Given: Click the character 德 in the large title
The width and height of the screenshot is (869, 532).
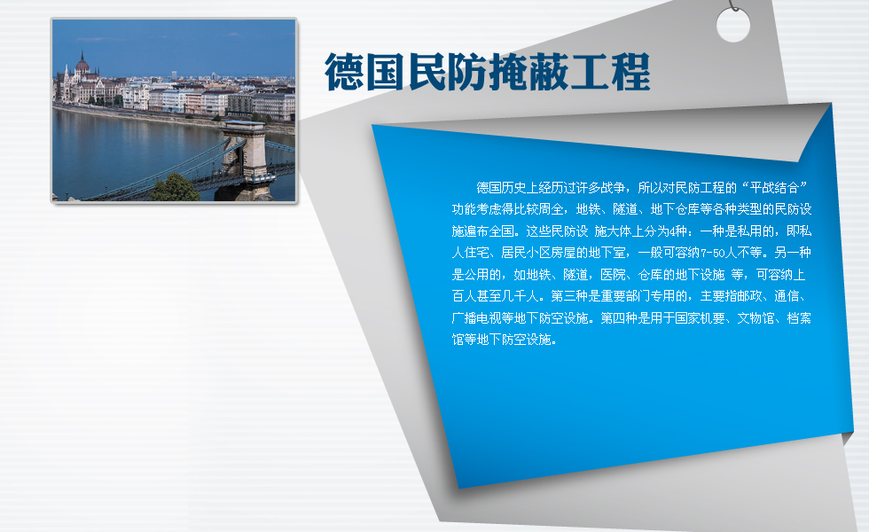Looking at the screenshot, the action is point(344,72).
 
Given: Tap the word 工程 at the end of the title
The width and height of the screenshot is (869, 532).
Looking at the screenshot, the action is point(610,72).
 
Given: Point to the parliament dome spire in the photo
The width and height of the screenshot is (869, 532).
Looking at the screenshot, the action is point(82,61).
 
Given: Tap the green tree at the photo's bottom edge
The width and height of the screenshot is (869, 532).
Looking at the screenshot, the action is point(176,188).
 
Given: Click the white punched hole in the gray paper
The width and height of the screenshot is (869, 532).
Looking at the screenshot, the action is point(732,25).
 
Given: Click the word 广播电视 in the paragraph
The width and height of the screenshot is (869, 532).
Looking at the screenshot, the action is point(477,318).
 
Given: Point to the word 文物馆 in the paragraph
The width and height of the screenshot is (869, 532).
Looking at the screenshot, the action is point(755,318).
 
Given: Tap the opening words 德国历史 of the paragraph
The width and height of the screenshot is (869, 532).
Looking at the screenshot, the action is point(501,188).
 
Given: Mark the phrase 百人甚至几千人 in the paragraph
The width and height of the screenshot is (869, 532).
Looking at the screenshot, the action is point(496,296).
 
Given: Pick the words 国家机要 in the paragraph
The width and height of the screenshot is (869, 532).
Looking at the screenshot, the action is point(700,318).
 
